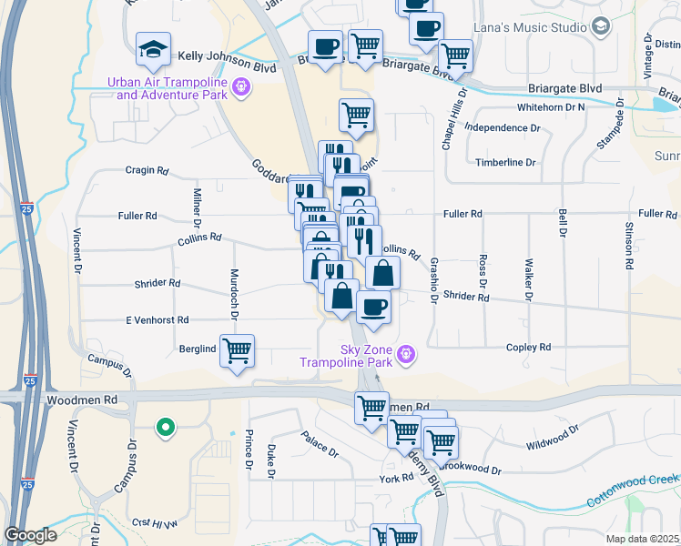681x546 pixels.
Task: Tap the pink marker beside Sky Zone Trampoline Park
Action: coord(407,353)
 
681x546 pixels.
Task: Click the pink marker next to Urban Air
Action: coord(240,87)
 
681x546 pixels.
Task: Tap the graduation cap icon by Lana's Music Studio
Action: coord(601,27)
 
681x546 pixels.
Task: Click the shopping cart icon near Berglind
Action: coord(237,350)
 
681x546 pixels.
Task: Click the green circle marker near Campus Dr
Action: coord(165,426)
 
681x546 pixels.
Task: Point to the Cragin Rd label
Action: coord(147,170)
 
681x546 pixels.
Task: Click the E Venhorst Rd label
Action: coord(158,320)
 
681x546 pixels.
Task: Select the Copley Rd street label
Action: coord(532,348)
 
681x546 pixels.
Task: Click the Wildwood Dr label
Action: coord(552,438)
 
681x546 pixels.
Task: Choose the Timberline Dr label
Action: coord(506,163)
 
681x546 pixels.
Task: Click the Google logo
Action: coord(30,535)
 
